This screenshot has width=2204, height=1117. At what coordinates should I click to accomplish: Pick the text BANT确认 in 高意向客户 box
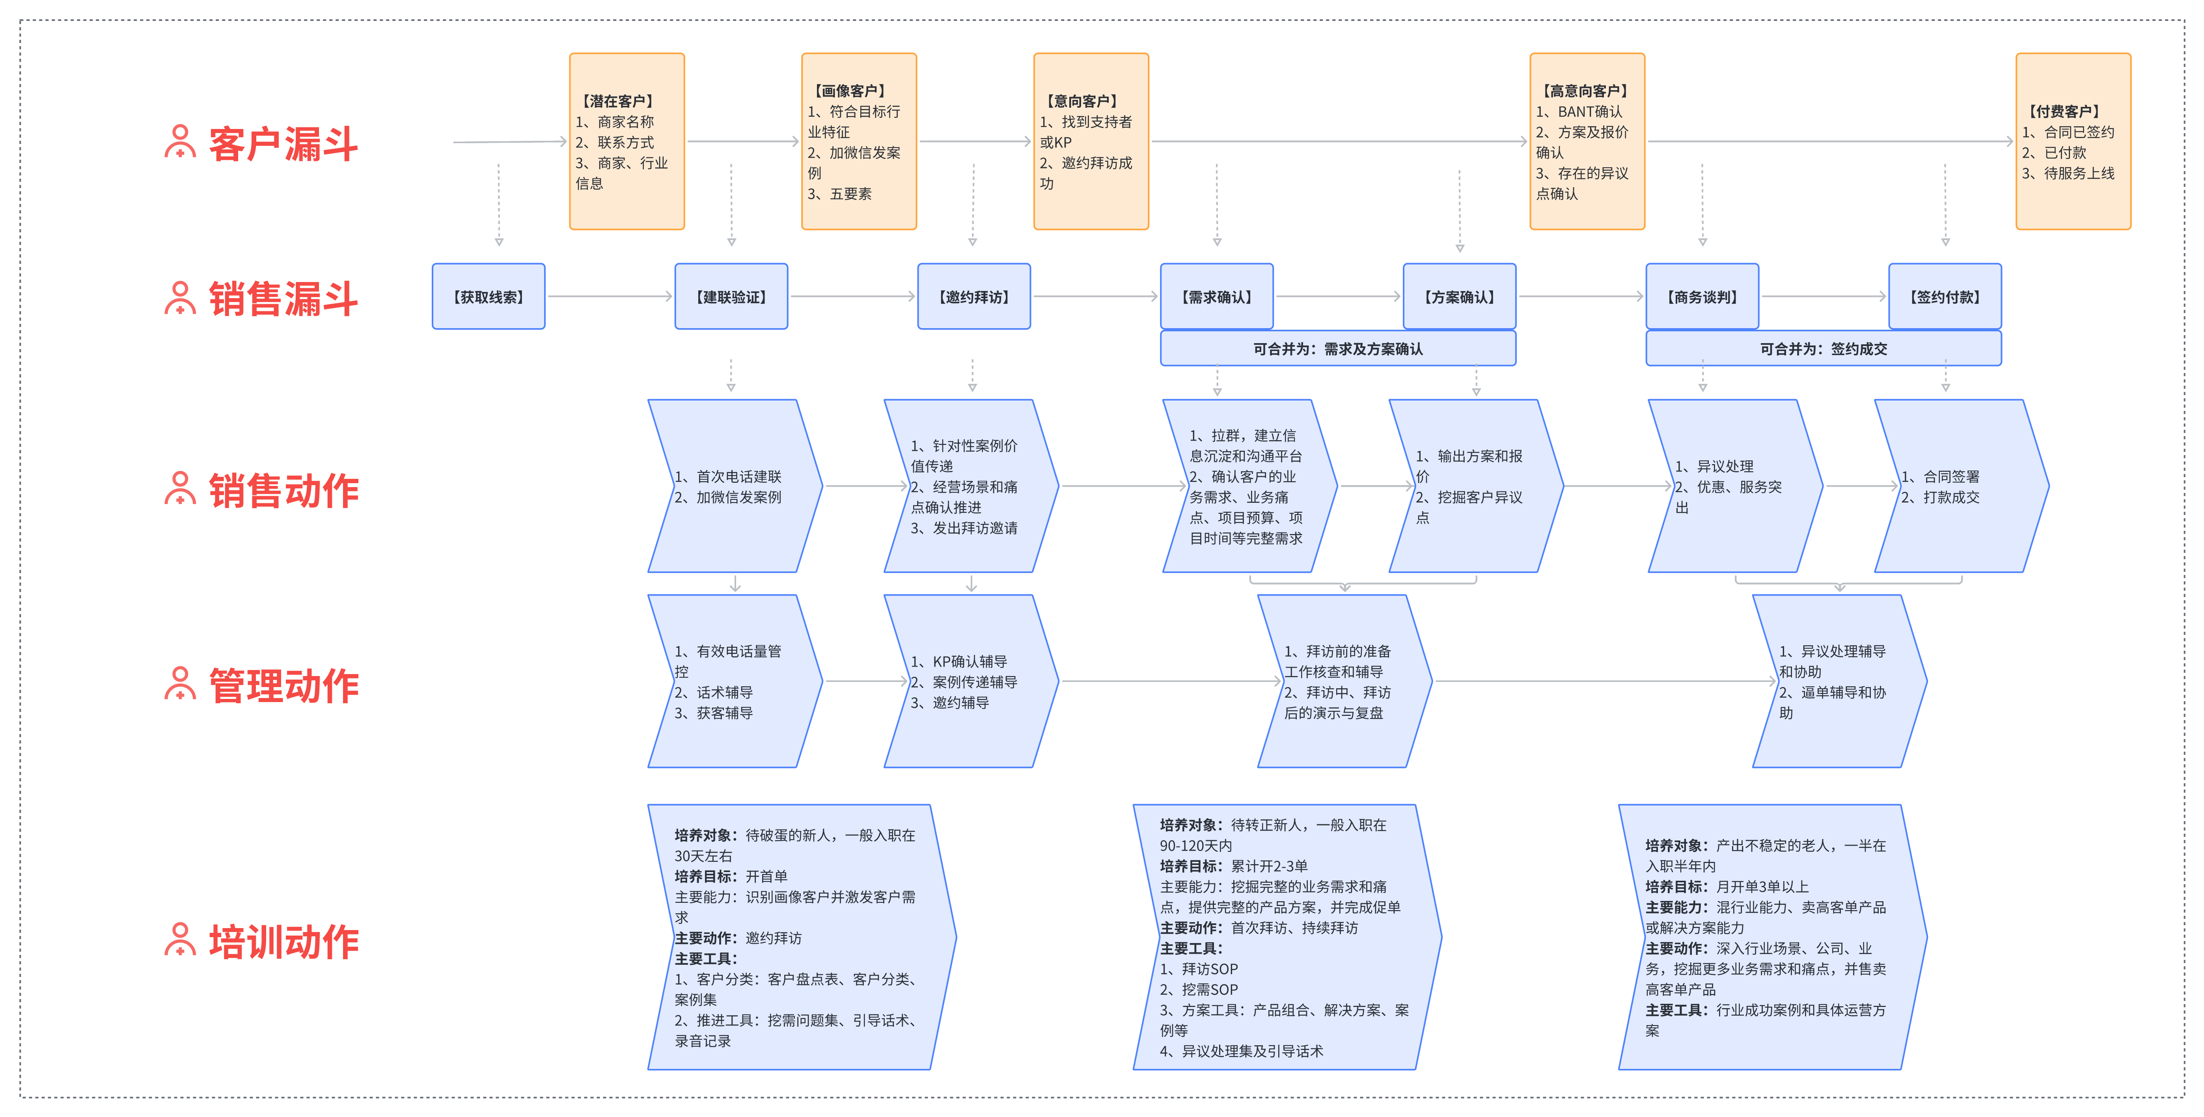(x=1589, y=111)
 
